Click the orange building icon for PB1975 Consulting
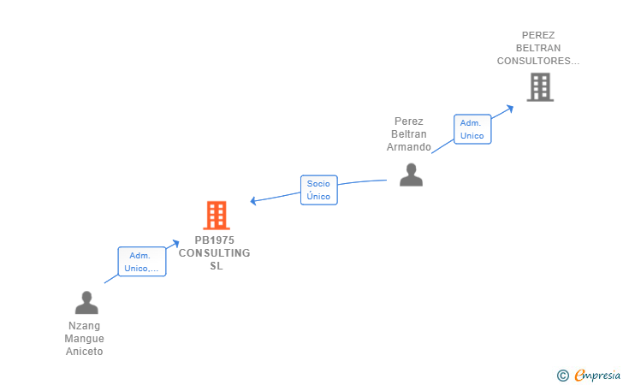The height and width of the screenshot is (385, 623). [x=217, y=216]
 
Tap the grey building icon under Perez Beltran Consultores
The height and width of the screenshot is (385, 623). [x=540, y=87]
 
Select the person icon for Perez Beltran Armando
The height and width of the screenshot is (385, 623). [x=412, y=175]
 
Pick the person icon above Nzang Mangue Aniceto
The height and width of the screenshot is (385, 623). [x=86, y=303]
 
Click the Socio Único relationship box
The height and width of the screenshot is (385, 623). [x=319, y=190]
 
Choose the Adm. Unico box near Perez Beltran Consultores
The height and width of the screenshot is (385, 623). [x=472, y=129]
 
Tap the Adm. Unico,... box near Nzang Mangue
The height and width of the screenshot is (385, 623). [x=142, y=262]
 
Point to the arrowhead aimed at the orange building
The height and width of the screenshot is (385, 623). [x=252, y=201]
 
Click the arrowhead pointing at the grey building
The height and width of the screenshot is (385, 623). [x=510, y=108]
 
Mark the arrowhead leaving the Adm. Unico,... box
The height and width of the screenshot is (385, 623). [x=175, y=243]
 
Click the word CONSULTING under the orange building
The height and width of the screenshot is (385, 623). [x=215, y=253]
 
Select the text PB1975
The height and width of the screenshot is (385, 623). [x=215, y=240]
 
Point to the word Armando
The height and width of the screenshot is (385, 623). [x=409, y=147]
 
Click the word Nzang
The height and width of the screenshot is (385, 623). [x=84, y=326]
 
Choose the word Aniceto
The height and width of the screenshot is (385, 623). [x=84, y=352]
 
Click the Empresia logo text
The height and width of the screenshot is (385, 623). [x=597, y=375]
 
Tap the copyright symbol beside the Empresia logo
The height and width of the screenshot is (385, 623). [x=563, y=376]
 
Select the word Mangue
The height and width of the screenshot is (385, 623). [x=84, y=339]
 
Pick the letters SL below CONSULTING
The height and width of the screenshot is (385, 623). [x=217, y=266]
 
